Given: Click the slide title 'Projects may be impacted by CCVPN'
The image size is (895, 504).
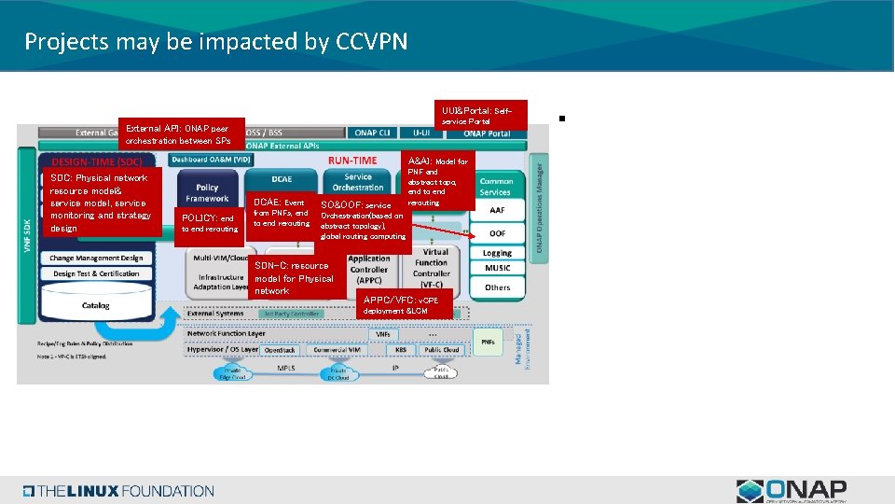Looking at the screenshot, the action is click(x=215, y=42).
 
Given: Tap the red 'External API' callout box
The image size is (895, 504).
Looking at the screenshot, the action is click(x=182, y=133).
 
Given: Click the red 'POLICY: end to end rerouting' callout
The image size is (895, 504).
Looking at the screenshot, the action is click(x=208, y=225).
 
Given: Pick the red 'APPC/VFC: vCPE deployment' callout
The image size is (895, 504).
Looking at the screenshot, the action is click(x=405, y=304).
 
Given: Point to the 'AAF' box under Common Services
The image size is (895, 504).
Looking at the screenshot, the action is click(x=498, y=211).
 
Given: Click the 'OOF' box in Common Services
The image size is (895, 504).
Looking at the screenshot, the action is click(x=498, y=232).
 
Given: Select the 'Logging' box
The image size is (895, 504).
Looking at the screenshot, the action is click(x=498, y=253).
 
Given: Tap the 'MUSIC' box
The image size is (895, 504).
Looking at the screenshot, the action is click(x=498, y=269).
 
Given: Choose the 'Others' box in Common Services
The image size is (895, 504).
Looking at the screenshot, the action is click(x=498, y=287).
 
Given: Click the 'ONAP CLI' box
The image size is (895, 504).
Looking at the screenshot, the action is click(x=372, y=133).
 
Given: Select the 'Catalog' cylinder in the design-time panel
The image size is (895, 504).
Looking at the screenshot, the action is click(x=95, y=305).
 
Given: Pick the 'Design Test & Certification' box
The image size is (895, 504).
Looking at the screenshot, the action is click(x=96, y=274).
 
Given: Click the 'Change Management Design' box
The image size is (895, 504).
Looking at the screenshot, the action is click(x=96, y=259).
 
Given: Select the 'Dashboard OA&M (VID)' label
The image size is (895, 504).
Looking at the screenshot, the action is click(x=212, y=160).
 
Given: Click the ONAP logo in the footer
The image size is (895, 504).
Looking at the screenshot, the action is click(x=791, y=491).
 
